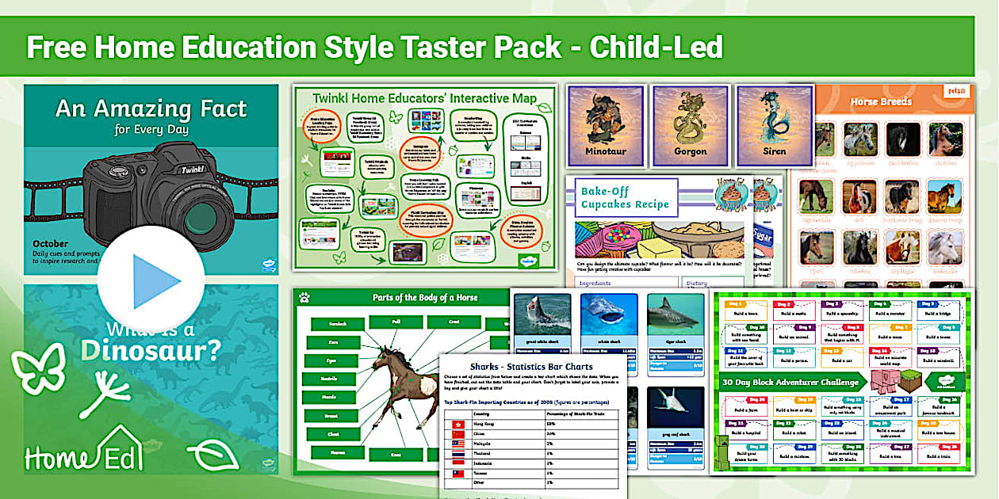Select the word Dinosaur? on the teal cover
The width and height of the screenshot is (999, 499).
[x=151, y=349]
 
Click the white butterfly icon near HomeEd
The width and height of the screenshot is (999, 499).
[x=37, y=369]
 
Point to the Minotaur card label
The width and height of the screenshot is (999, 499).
[x=605, y=150]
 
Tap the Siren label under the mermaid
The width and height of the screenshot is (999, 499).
[x=774, y=150]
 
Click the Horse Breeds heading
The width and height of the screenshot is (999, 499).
[x=881, y=101]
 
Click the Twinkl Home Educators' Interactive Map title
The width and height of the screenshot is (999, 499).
[x=424, y=99]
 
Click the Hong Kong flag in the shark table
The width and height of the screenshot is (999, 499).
[x=457, y=425]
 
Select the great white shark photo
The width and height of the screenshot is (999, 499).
[x=542, y=312]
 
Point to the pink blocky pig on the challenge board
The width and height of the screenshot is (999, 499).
[x=890, y=381]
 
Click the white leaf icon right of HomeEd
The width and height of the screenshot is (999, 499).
[x=212, y=455]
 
